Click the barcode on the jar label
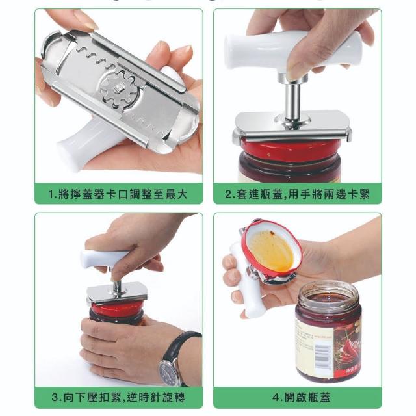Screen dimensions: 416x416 click(323, 357)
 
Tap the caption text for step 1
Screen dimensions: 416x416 click(118, 194)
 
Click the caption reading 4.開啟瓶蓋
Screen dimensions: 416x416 click(302, 397)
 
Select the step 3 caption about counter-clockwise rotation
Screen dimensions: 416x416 click(118, 397)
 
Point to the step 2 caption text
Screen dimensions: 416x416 click(298, 194)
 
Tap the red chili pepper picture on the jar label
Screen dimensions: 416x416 click(347, 345)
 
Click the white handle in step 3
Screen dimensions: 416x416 click(104, 257)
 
